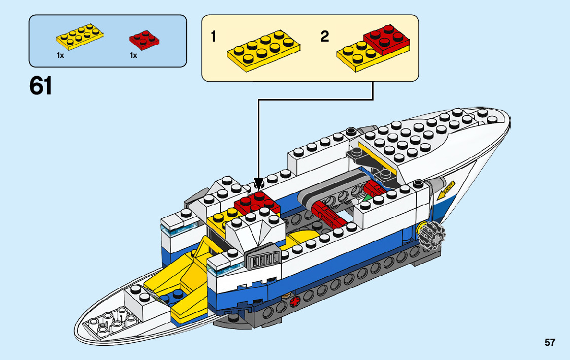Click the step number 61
(x=41, y=86)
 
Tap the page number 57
(x=550, y=343)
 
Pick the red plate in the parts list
(x=145, y=40)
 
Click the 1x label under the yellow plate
(x=60, y=55)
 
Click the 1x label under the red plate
(x=133, y=55)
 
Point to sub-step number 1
(x=214, y=37)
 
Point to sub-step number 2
(x=325, y=37)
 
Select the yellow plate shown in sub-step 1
(x=263, y=50)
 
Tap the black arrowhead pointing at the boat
(x=259, y=183)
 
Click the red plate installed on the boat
(x=257, y=203)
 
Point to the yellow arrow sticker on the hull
(x=446, y=190)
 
